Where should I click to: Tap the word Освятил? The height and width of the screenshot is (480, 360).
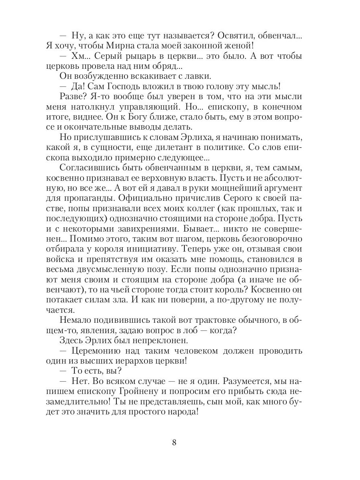[230, 36]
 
